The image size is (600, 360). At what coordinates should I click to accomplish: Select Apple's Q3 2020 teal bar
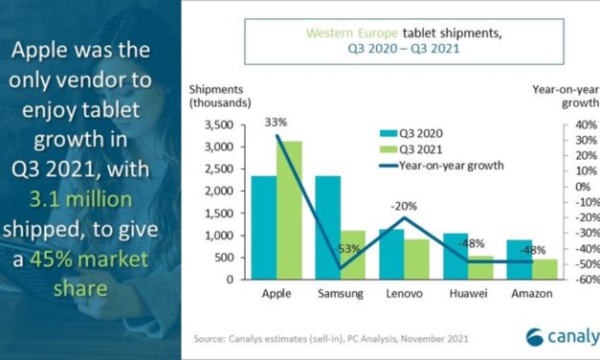point(264,228)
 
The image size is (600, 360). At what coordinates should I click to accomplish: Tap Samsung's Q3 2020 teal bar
point(327,228)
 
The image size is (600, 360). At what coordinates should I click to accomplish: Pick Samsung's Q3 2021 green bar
point(353,255)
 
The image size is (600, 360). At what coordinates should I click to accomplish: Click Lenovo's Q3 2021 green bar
point(415,259)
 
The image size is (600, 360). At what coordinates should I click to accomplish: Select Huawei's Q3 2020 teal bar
point(455,257)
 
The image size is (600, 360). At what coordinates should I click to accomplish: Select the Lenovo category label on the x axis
point(403,293)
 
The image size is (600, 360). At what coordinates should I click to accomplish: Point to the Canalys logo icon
point(538,337)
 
